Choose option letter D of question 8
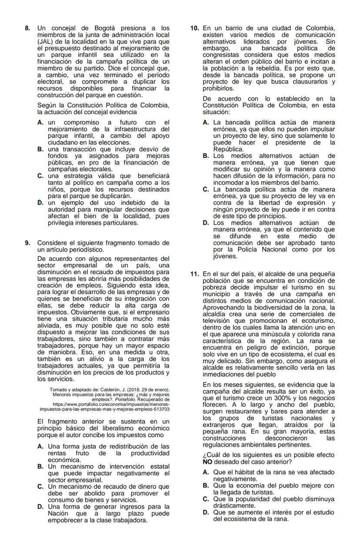click(40, 202)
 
